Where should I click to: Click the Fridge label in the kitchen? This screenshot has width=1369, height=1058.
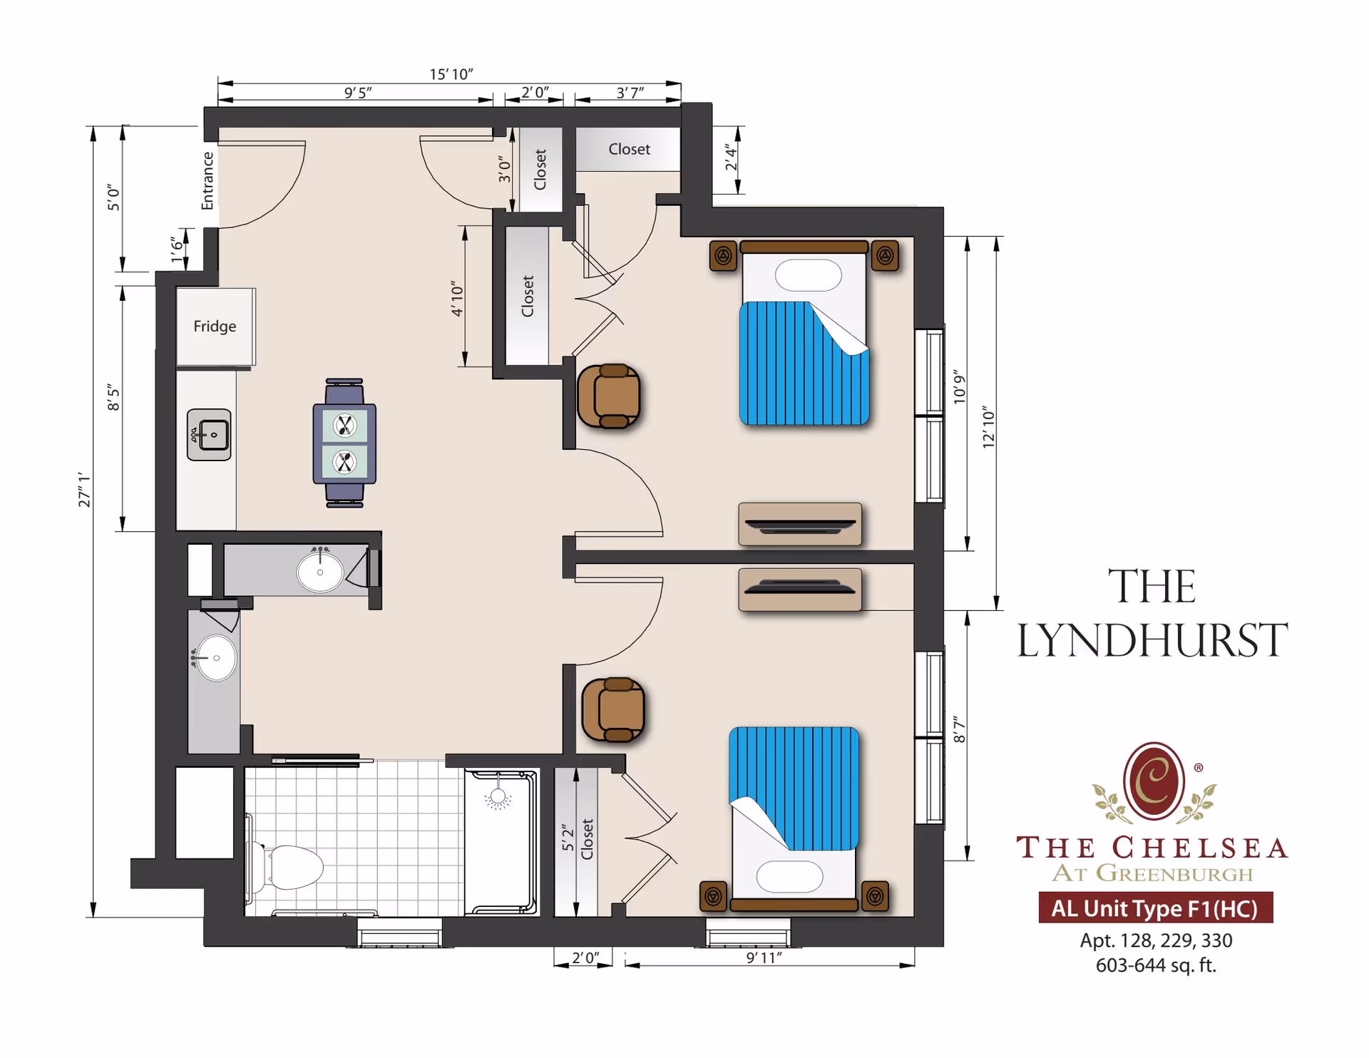[x=215, y=326]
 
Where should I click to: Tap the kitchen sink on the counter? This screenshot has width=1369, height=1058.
[x=209, y=434]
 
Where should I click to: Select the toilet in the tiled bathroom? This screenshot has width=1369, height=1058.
[x=292, y=867]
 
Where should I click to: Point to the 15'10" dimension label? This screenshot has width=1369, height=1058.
[x=451, y=74]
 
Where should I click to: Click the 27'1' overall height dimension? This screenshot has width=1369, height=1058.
[x=84, y=489]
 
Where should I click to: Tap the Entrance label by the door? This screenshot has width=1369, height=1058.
[x=207, y=180]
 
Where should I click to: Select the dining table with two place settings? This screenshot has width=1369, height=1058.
[x=344, y=443]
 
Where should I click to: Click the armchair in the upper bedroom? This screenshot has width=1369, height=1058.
[x=610, y=396]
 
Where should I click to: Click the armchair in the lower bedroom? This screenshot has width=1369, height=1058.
[x=614, y=709]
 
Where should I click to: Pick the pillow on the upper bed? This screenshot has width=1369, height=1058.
[x=808, y=275]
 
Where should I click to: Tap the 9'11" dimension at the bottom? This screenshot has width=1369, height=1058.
[x=764, y=957]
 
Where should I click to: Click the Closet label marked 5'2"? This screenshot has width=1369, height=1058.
[x=587, y=838]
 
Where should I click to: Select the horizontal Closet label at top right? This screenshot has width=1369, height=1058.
[x=629, y=149]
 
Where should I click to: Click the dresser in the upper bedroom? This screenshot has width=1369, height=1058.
[x=799, y=524]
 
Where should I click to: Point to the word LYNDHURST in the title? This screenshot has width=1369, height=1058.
[x=1152, y=640]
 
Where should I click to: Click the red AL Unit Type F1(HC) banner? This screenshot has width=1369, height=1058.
[x=1155, y=908]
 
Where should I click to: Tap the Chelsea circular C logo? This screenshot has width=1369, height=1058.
[x=1154, y=781]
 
